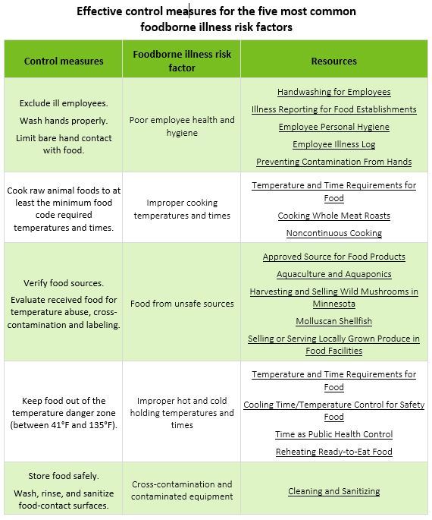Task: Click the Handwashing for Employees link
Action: (333, 92)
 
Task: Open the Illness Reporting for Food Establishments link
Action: (333, 109)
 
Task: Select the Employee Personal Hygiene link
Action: (333, 127)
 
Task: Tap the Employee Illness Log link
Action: (333, 144)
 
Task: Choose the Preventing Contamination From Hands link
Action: (333, 162)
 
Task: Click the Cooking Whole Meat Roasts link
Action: (333, 216)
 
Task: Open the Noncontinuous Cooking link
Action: (333, 233)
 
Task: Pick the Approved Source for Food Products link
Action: (333, 257)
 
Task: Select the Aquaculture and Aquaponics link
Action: (333, 274)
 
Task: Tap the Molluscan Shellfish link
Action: (333, 321)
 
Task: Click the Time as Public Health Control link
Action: (333, 434)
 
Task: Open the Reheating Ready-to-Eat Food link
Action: (333, 452)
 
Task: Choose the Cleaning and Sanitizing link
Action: (333, 491)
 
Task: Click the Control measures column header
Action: (64, 61)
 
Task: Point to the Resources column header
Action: (333, 61)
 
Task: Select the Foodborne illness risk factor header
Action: (182, 61)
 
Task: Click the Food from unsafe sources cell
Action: (182, 304)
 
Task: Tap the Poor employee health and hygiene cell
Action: (182, 126)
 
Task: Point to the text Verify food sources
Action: (64, 283)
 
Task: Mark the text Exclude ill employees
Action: (64, 102)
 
